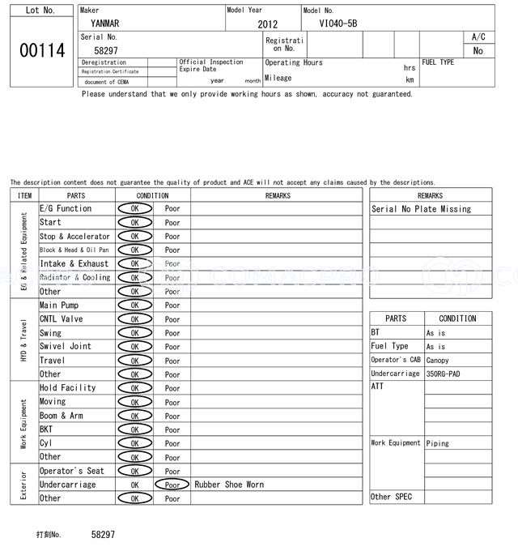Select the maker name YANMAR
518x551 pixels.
click(104, 23)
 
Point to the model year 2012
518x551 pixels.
click(267, 24)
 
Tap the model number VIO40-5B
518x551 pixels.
click(338, 23)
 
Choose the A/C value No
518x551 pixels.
click(478, 50)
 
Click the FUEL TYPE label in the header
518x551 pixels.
click(438, 62)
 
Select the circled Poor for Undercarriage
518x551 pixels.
click(172, 485)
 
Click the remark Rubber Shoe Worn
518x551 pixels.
click(229, 485)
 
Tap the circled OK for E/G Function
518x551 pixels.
click(134, 208)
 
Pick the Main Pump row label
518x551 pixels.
click(59, 305)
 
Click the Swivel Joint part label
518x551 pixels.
click(66, 347)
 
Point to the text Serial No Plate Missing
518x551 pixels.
click(421, 209)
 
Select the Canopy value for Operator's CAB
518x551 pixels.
click(437, 361)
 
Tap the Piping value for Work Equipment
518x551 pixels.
click(437, 443)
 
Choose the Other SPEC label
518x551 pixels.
click(391, 497)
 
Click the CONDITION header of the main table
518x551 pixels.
click(152, 195)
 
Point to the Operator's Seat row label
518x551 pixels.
click(72, 471)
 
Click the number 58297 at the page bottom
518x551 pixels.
click(104, 535)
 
